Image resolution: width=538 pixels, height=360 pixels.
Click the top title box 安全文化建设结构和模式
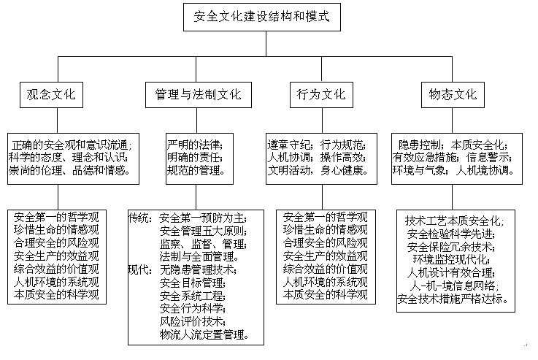pyautogui.click(x=262, y=17)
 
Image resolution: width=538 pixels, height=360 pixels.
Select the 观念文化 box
pyautogui.click(x=51, y=95)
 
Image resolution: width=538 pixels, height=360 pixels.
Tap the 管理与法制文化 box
pyautogui.click(x=199, y=95)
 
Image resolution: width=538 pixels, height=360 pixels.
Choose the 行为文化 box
pyautogui.click(x=321, y=95)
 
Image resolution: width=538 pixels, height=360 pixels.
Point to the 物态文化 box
pyautogui.click(x=453, y=95)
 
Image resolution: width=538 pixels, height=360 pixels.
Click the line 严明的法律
pyautogui.click(x=195, y=145)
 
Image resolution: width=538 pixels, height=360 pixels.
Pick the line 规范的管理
pyautogui.click(x=196, y=170)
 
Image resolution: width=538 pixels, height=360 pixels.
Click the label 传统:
pyautogui.click(x=140, y=218)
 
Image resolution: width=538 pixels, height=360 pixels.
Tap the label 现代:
pyautogui.click(x=140, y=269)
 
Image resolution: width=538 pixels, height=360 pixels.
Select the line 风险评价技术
pyautogui.click(x=193, y=321)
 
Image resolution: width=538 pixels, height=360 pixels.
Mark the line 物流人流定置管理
pyautogui.click(x=204, y=334)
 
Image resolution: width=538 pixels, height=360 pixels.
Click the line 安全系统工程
pyautogui.click(x=193, y=296)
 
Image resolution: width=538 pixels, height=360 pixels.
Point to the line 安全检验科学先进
pyautogui.click(x=451, y=234)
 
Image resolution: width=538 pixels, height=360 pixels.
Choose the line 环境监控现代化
pyautogui.click(x=451, y=260)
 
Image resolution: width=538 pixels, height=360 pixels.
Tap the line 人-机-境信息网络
pyautogui.click(x=453, y=286)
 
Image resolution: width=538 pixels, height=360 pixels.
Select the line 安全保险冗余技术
pyautogui.click(x=451, y=247)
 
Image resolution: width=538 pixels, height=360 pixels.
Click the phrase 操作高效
pyautogui.click(x=343, y=158)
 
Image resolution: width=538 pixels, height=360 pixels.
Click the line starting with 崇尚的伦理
pyautogui.click(x=69, y=170)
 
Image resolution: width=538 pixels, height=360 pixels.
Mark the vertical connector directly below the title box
pyautogui.click(x=266, y=44)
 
